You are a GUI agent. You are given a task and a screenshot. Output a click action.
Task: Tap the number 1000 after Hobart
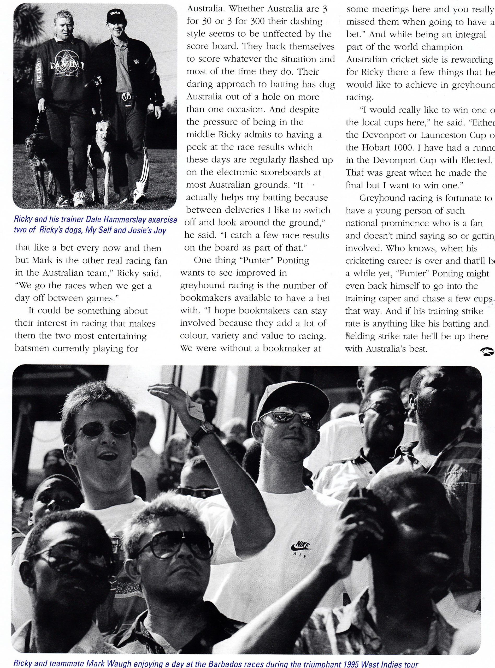397,148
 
